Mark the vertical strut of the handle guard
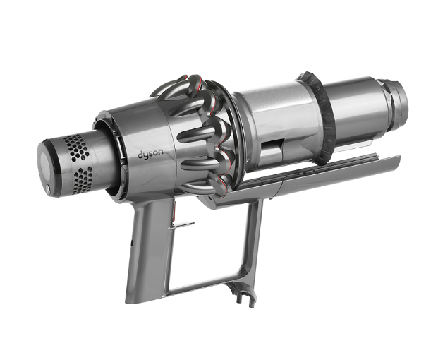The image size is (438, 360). click(252, 240)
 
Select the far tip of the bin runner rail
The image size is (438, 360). click(395, 161)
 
